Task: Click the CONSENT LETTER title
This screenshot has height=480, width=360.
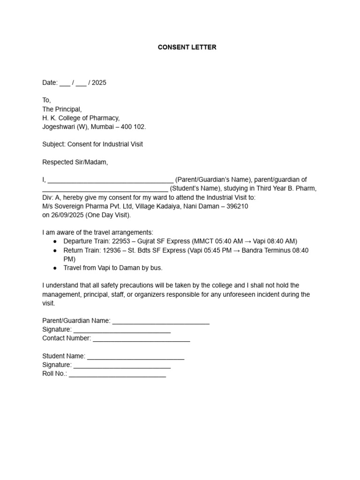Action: (x=187, y=47)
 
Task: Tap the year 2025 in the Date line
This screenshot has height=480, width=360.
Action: (x=99, y=83)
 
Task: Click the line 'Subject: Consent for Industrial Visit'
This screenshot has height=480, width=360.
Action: (x=92, y=144)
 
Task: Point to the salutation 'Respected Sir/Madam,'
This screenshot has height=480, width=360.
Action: (x=75, y=162)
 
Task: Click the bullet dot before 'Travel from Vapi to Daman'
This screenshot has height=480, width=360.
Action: (x=55, y=268)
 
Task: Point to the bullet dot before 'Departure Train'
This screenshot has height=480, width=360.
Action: (x=55, y=241)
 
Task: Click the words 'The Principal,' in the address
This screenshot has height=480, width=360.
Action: (x=62, y=109)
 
